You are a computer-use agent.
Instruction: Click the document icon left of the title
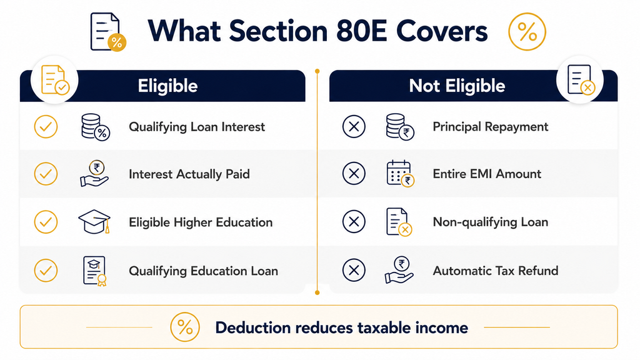(107, 32)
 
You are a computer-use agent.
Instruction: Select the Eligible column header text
(167, 86)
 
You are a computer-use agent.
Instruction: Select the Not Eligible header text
(457, 86)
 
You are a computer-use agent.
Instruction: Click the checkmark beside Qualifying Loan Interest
(46, 126)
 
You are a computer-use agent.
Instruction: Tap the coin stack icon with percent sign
(96, 127)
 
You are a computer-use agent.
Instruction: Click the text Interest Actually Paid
(189, 174)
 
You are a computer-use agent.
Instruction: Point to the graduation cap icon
(94, 222)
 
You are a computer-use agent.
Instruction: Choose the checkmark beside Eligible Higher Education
(46, 222)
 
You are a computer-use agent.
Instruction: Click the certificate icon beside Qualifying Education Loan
(95, 271)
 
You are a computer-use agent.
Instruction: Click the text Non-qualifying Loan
(490, 222)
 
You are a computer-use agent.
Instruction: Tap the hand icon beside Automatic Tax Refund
(399, 270)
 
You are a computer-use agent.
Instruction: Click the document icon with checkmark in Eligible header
(55, 79)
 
